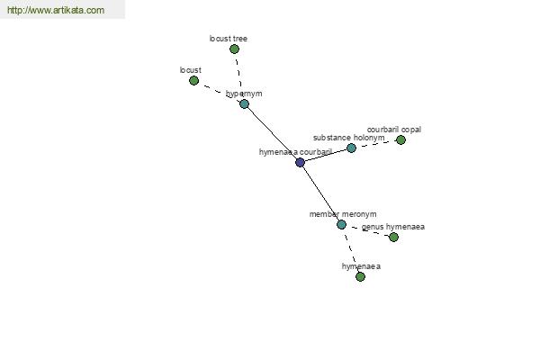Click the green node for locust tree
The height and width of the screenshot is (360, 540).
[x=234, y=49]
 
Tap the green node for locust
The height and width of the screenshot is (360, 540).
[x=193, y=81]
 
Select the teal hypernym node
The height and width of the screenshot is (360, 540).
[x=244, y=103]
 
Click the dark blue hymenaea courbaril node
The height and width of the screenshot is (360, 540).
[x=300, y=162]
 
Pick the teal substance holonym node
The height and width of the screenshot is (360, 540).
[x=351, y=148]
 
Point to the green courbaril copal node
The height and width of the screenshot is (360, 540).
[x=400, y=139]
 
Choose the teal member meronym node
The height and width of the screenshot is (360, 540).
[x=341, y=225]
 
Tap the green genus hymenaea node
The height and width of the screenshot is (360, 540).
[x=393, y=237]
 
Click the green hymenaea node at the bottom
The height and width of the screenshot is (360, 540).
[x=360, y=276]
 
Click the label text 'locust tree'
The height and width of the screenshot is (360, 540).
[x=229, y=39]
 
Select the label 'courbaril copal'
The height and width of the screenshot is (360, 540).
[x=394, y=130]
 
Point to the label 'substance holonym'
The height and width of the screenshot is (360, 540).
[x=349, y=138]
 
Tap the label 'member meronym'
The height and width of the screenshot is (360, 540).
[x=343, y=214]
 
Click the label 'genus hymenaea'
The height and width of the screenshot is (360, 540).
[x=393, y=227]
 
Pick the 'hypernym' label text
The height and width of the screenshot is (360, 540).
[x=244, y=94]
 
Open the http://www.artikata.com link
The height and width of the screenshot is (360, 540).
[x=56, y=10]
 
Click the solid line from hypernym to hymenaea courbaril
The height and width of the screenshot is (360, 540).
[x=272, y=133]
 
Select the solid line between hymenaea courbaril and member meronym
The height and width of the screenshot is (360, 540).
[x=320, y=193]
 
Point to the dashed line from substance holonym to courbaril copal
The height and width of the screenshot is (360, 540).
[x=376, y=144]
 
